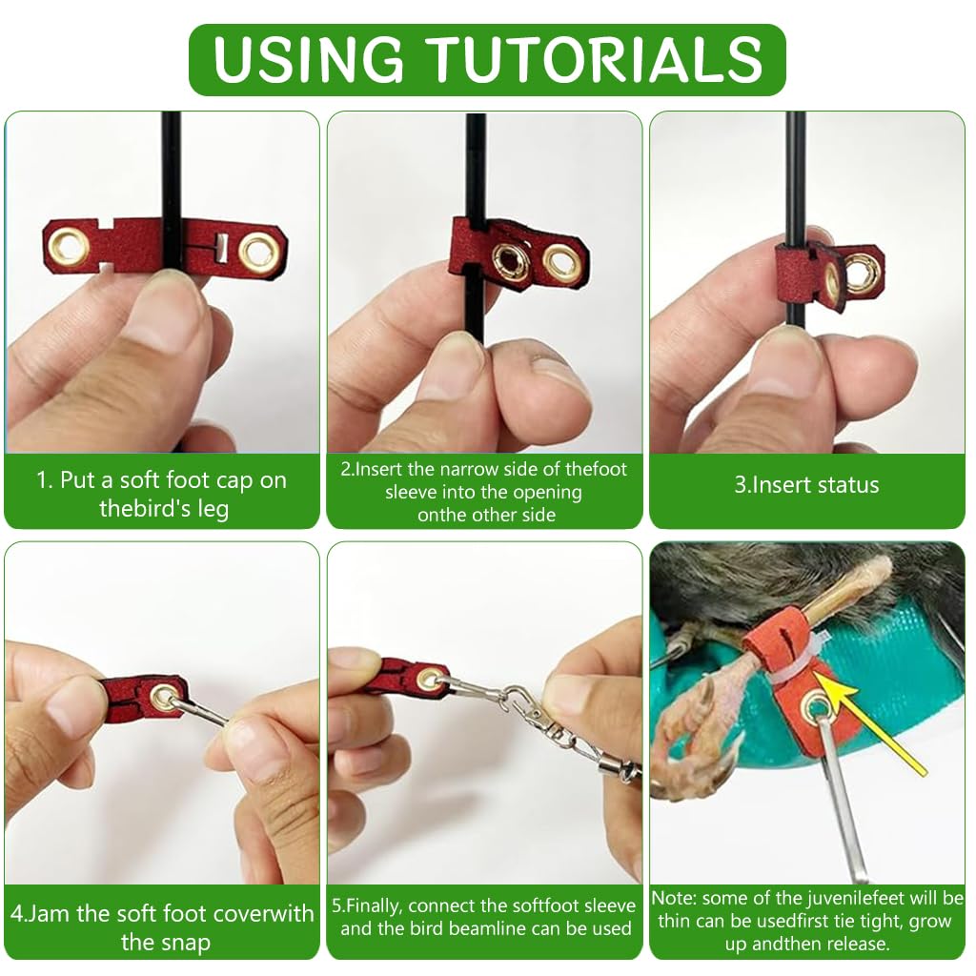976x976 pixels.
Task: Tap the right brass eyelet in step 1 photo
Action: click(x=257, y=252)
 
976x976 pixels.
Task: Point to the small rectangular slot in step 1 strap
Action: click(x=220, y=247)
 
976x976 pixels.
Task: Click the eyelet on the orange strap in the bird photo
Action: click(x=815, y=706)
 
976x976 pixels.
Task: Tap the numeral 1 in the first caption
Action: click(x=41, y=480)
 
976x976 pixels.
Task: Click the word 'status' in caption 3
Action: click(x=849, y=485)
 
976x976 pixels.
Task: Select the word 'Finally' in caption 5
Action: click(x=374, y=905)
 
